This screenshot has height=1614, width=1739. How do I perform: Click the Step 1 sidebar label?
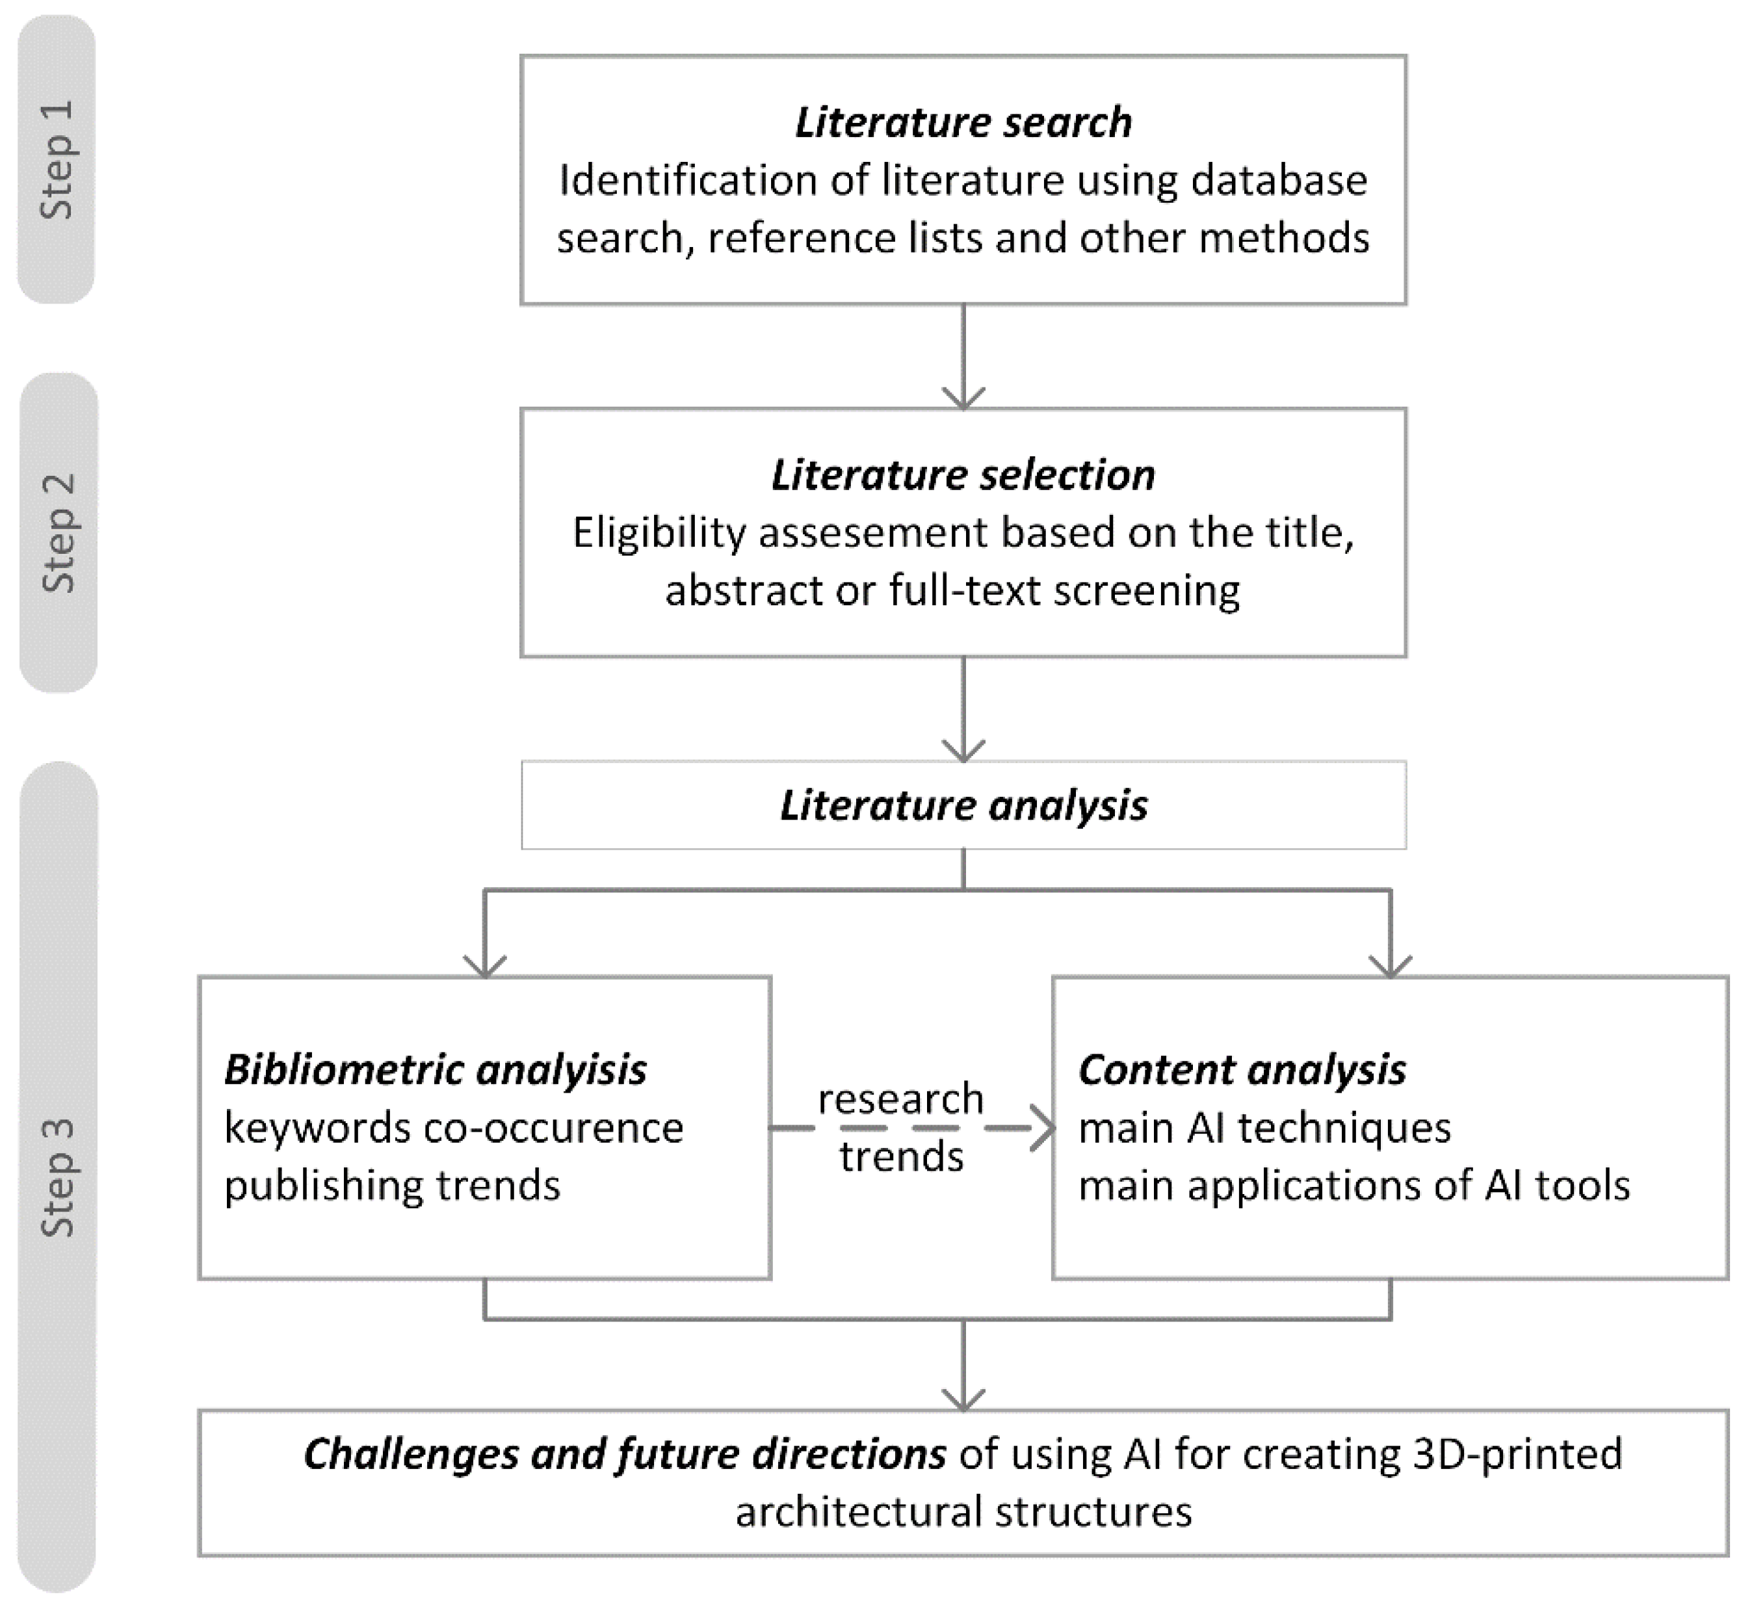click(57, 160)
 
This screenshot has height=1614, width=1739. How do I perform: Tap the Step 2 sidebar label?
click(59, 533)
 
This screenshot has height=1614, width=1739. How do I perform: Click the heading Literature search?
click(963, 122)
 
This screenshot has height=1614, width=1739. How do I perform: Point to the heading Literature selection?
click(963, 475)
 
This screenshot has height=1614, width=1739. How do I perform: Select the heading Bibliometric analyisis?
click(435, 1070)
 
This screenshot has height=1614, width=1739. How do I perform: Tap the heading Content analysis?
click(1241, 1070)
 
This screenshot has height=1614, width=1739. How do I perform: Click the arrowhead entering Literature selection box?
click(963, 399)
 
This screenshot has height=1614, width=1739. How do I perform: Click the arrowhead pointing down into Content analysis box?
click(1390, 966)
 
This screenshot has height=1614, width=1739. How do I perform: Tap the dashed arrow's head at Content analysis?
click(1044, 1128)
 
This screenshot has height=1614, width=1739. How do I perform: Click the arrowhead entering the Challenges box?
click(963, 1400)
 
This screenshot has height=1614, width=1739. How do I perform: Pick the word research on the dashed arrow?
click(900, 1099)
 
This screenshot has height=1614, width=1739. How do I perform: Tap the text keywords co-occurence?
click(453, 1128)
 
